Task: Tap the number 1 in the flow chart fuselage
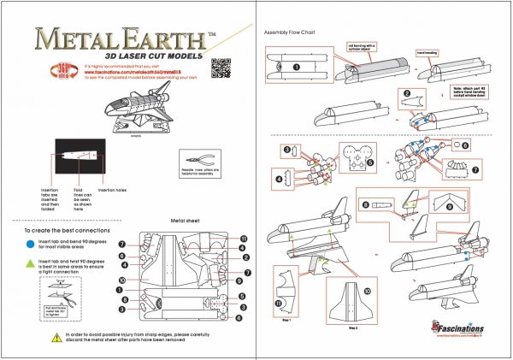296,66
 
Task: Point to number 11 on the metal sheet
243,238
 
